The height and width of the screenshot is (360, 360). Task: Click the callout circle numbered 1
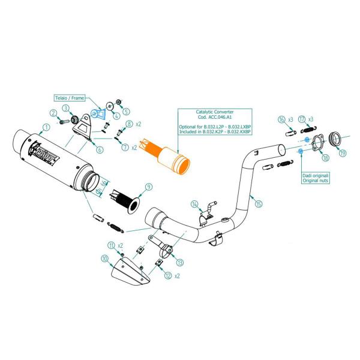pyautogui.click(x=46, y=128)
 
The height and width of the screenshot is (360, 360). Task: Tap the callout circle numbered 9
pyautogui.click(x=148, y=187)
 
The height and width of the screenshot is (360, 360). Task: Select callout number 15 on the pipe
pyautogui.click(x=259, y=204)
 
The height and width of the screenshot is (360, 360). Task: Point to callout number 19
pyautogui.click(x=342, y=154)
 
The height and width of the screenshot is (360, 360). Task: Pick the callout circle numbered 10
pyautogui.click(x=105, y=259)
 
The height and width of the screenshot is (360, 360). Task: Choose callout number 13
pyautogui.click(x=181, y=262)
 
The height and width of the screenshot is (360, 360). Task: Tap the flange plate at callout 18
pyautogui.click(x=317, y=143)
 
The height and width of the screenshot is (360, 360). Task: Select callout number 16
pyautogui.click(x=281, y=119)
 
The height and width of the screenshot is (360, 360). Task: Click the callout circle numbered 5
pyautogui.click(x=127, y=112)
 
